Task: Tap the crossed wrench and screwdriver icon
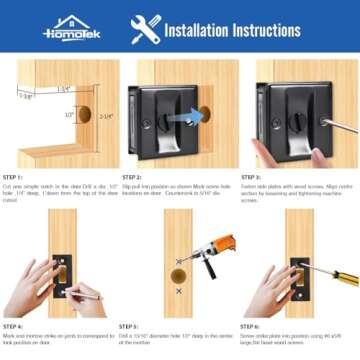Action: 146,27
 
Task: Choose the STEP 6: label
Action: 251,326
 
